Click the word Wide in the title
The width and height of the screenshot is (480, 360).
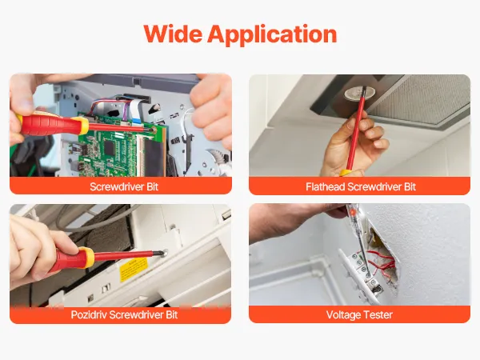tap(173, 34)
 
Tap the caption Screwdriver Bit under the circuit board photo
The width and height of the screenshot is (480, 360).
tap(124, 186)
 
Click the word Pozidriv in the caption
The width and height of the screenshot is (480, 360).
tap(89, 314)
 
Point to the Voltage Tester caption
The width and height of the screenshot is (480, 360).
tap(359, 314)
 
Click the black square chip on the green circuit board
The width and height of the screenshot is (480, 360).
tap(110, 146)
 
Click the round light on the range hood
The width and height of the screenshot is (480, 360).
tap(360, 94)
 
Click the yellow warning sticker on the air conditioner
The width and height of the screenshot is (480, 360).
tap(134, 269)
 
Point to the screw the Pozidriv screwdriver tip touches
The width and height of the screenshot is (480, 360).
tap(166, 253)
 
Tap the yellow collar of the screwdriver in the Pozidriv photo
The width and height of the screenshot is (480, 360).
tap(88, 258)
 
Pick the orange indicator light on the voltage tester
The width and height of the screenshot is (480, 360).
tap(353, 212)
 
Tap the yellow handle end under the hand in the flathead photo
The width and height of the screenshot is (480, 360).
tap(346, 173)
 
